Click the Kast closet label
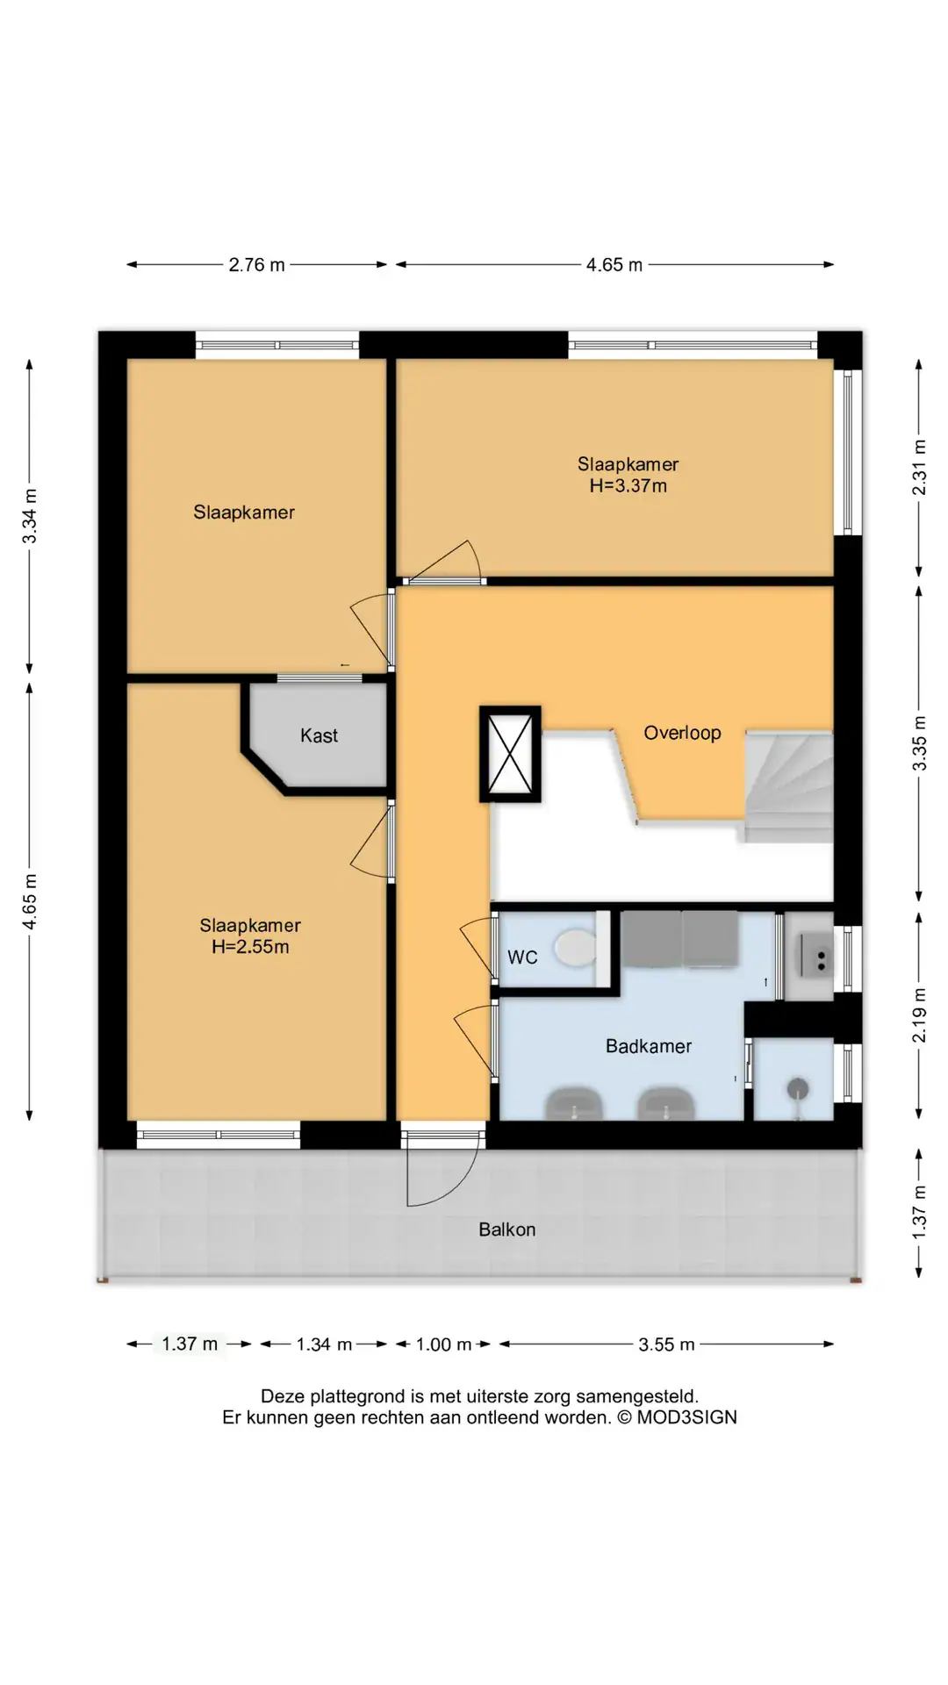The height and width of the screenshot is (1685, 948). click(319, 735)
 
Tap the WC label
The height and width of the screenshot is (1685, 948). click(522, 957)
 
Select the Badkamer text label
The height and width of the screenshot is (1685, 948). click(649, 1046)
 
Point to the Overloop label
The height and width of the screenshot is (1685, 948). click(682, 733)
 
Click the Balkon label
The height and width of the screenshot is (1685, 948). click(506, 1230)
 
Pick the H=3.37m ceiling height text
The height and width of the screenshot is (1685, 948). click(628, 485)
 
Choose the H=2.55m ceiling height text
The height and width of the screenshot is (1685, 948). click(250, 947)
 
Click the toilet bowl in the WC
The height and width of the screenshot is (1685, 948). click(575, 949)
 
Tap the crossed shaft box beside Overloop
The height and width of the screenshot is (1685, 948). click(510, 754)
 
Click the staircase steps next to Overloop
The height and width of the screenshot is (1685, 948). click(788, 787)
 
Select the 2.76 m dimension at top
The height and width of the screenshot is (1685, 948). click(256, 265)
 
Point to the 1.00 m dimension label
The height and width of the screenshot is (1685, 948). click(443, 1344)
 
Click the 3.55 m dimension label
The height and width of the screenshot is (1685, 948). click(666, 1344)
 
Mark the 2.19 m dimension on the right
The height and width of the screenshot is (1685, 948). click(919, 1015)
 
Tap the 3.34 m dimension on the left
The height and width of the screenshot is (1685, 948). click(30, 515)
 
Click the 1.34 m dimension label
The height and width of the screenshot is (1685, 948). click(324, 1344)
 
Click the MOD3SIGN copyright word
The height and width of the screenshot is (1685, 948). click(686, 1417)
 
